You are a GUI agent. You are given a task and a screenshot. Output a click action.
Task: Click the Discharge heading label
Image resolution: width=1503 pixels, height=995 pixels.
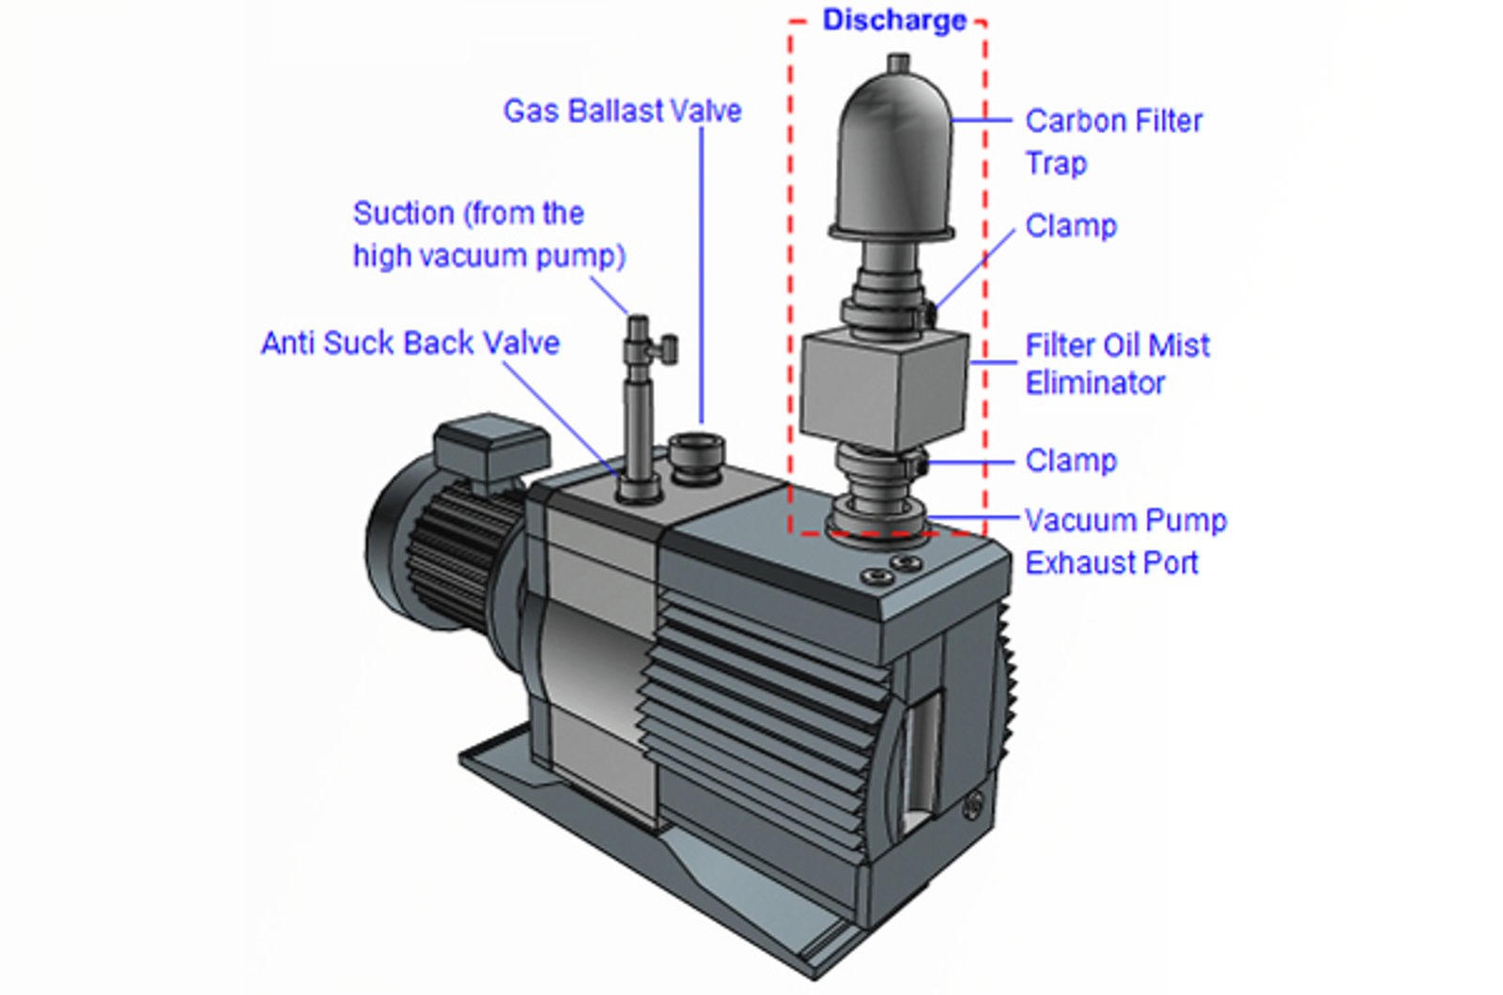(893, 21)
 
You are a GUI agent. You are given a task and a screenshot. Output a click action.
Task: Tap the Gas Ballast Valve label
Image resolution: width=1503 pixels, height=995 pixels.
(622, 111)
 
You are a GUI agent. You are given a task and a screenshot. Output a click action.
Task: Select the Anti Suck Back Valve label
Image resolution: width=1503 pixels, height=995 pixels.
(410, 344)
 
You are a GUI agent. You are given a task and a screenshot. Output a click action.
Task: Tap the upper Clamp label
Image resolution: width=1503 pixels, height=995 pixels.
(1071, 226)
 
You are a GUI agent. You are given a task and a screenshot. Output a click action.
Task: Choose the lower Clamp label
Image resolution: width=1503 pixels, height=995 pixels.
(1071, 461)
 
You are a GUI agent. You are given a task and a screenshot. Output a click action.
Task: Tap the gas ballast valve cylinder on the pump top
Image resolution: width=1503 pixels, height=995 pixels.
(696, 455)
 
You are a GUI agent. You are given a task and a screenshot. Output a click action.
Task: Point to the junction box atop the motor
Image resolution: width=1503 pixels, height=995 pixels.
(490, 448)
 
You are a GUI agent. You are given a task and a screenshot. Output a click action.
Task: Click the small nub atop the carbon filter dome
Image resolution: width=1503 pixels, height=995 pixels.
(898, 63)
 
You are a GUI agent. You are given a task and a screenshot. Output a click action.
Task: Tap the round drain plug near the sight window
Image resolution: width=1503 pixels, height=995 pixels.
(973, 804)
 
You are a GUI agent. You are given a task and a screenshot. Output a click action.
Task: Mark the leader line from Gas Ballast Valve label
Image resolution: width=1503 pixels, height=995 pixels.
(701, 272)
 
